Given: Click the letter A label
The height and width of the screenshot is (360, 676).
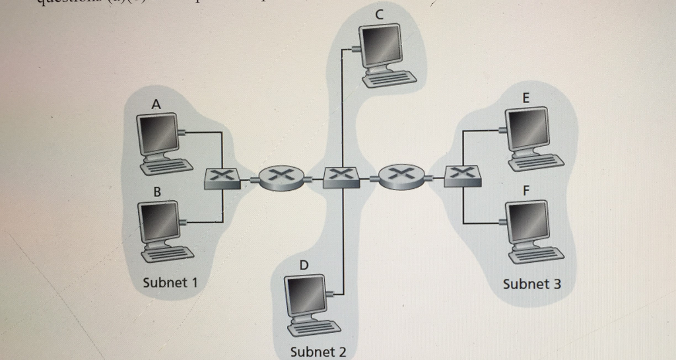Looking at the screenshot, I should [156, 104].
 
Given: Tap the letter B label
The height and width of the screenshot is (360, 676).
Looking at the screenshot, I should [156, 192].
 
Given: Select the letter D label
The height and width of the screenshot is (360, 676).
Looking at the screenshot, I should [304, 265].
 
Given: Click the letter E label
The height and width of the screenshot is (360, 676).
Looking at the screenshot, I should [525, 98].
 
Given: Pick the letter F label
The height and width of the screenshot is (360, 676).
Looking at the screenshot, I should [525, 190].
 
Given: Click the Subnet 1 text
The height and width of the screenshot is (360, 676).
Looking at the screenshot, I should [170, 283].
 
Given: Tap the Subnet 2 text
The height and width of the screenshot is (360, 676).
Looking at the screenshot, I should [318, 351].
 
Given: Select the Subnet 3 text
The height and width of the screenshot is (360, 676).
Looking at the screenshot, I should [531, 284].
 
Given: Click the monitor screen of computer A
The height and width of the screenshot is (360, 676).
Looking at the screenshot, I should [157, 135].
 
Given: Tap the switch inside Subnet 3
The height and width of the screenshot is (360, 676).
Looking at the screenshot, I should [462, 176].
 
